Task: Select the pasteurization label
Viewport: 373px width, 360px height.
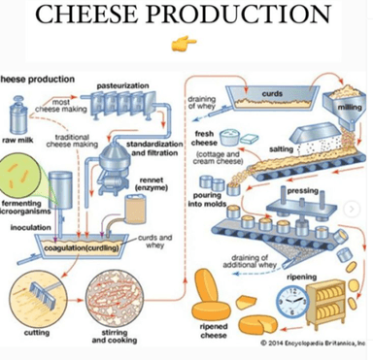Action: point(121,85)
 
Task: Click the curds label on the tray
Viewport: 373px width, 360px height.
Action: point(273,93)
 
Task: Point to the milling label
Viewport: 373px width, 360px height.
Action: point(348,109)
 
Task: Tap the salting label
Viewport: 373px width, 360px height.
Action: point(279,148)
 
